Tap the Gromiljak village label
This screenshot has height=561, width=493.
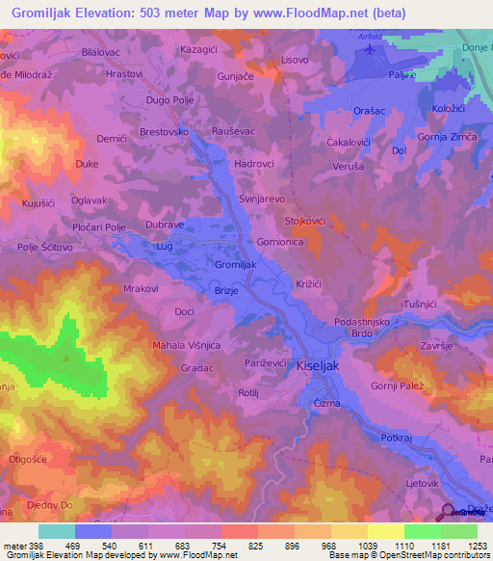click(235, 264)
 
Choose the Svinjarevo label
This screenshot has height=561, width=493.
click(261, 198)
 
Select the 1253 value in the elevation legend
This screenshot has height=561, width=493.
click(477, 546)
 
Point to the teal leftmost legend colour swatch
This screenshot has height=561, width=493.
click(56, 531)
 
